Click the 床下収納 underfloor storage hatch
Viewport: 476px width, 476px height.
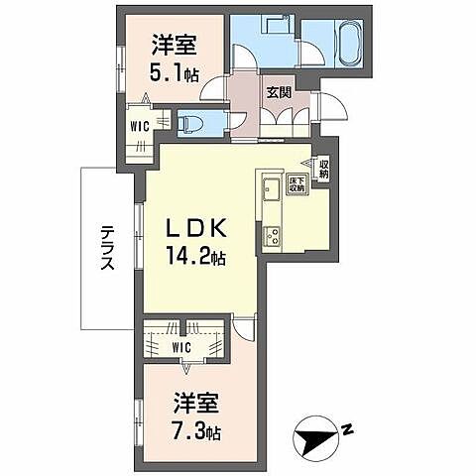(x=296, y=184)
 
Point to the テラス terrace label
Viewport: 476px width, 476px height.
(x=108, y=249)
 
